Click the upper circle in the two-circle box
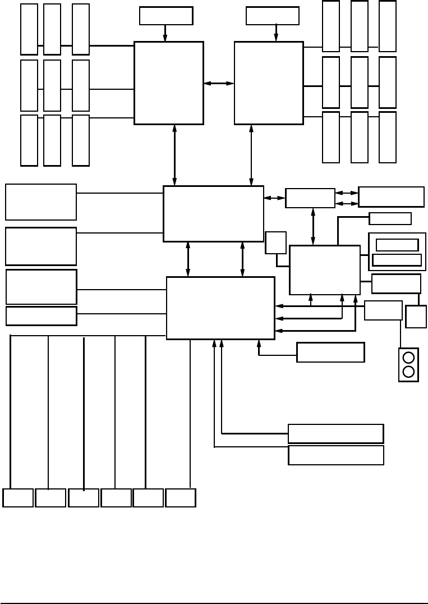coord(408,358)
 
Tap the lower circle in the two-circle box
coord(408,372)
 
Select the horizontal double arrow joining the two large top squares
coord(219,83)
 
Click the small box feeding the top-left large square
coord(166,16)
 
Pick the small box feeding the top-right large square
coord(272,16)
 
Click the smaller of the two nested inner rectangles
coord(397,245)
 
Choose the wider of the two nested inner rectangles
coord(397,260)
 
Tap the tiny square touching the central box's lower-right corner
coord(275,242)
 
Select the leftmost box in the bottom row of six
coord(18,498)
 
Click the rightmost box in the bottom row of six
coord(181,498)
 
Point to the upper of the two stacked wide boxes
coord(335,433)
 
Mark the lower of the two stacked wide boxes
coord(335,455)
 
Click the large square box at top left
coord(168,83)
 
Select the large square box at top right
coord(269,83)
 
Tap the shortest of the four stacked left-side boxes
coord(41,315)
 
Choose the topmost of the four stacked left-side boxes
coord(41,202)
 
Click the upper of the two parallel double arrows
coord(347,193)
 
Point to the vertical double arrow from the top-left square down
coord(174,155)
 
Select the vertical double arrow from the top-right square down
coord(251,155)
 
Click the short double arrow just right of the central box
coord(274,198)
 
